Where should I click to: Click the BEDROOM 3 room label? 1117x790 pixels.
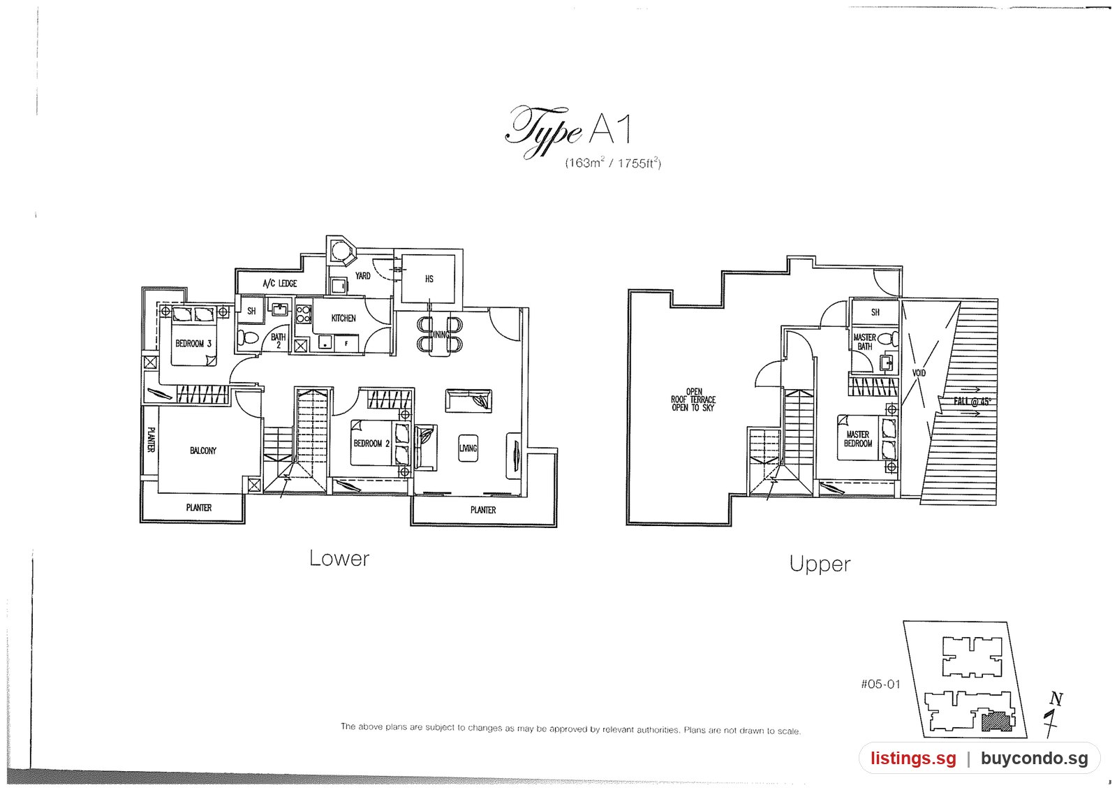coord(193,344)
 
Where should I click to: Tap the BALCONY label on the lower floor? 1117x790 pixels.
coord(203,451)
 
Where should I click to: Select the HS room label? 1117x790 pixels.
coord(429,279)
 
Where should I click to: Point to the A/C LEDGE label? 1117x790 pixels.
coord(280,284)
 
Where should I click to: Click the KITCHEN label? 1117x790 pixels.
coord(343,318)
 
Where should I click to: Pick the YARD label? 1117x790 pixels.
coord(362,275)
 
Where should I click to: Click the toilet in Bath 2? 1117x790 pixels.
coord(247,338)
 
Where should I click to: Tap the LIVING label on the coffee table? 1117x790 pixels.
coord(468,448)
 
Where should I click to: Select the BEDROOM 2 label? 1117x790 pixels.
coord(371,443)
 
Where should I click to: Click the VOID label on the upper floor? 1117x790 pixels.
coord(919,373)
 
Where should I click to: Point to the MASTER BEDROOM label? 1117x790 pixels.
coord(858,439)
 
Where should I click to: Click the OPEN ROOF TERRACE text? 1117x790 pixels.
coord(693,400)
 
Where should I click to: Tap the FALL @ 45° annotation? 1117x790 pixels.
coord(972,401)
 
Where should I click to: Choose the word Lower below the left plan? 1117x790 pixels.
coord(339,558)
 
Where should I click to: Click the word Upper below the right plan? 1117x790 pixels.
coord(820,564)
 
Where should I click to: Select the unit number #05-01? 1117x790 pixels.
coord(880,684)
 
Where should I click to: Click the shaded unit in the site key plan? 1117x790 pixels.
coord(997,721)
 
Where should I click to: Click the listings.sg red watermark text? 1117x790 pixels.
coord(914,758)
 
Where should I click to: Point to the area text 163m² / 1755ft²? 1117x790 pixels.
coord(613,163)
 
